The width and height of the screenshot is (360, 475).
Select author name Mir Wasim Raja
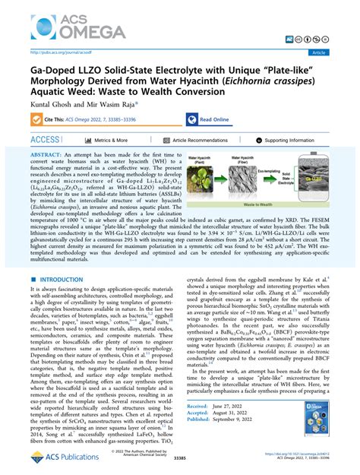pos(109,107)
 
